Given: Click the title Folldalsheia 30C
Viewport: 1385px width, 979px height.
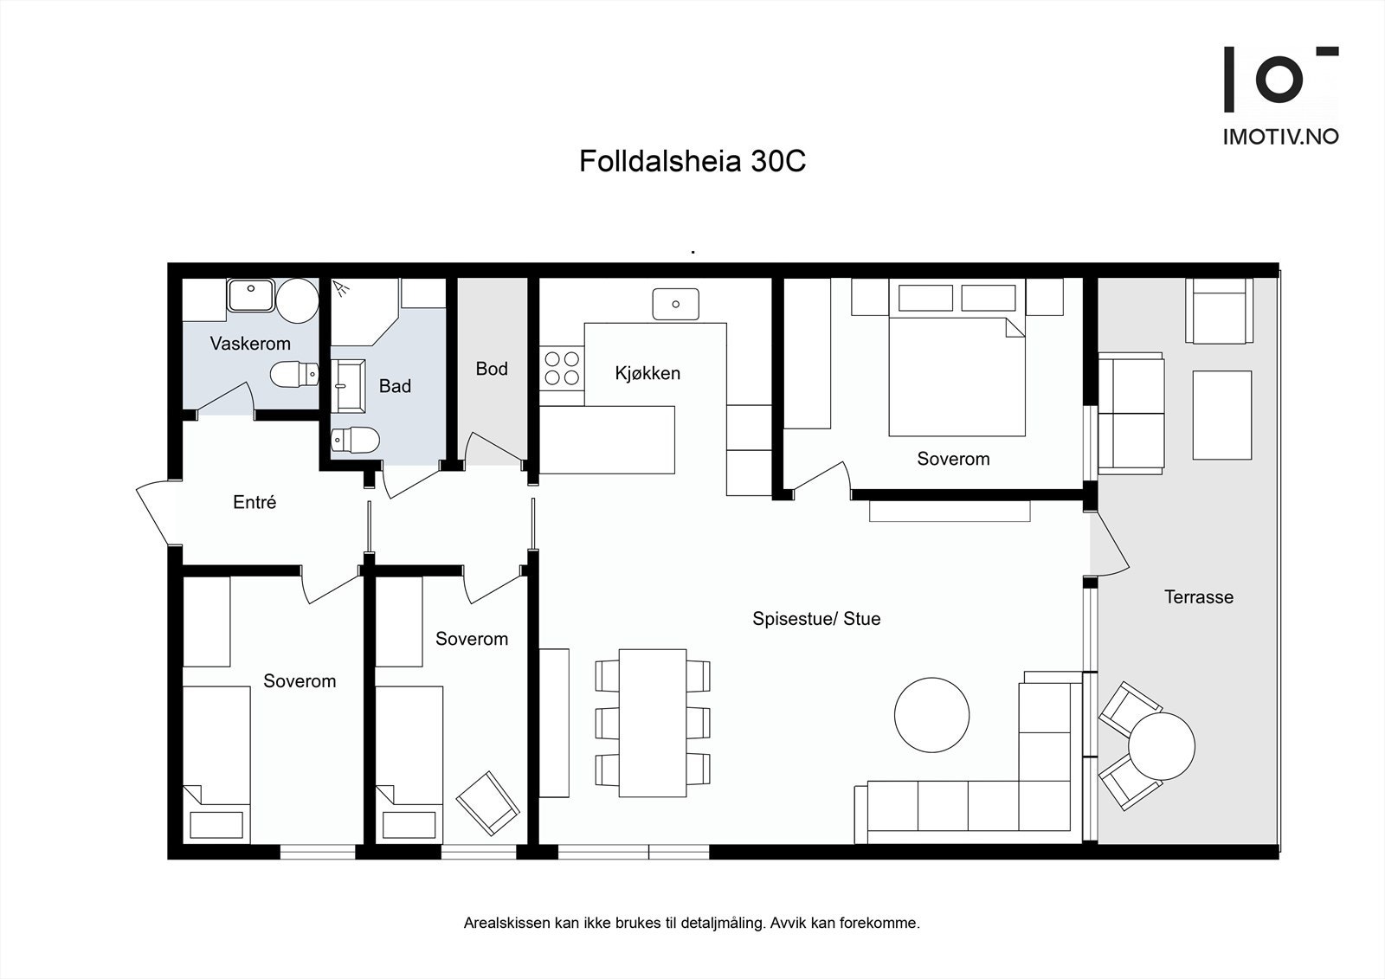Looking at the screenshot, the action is coord(692,161).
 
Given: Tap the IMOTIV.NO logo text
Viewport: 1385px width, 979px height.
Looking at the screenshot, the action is coord(1280,137).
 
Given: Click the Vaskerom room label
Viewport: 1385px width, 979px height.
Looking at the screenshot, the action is coord(250,344).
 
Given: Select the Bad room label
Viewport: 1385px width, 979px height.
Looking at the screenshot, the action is coord(395,386).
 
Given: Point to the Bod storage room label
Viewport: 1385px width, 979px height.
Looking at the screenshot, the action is coord(492,369).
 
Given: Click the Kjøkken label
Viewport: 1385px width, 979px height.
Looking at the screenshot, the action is coord(647,373).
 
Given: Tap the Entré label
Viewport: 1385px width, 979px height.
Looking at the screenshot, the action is coord(254,501).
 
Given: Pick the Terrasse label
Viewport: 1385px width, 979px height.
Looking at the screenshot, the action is coord(1199,596).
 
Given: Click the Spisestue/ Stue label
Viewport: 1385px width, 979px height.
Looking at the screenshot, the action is coord(816,618).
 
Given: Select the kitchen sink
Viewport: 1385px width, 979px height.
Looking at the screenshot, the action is coord(676,305).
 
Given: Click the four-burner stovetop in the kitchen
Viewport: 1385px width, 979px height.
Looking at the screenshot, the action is coord(562,368).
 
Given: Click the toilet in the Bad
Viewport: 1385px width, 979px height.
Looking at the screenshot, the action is coord(355,440).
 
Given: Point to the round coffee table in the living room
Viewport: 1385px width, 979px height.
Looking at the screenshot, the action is coord(931,716).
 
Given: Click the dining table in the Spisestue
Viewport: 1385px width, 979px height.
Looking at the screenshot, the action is coord(653,723).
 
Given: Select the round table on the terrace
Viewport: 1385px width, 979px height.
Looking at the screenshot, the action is coord(1162,746).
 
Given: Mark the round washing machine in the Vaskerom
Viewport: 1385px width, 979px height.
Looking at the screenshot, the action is coord(298,301).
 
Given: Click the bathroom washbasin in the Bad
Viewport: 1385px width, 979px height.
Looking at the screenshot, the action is coord(348,386).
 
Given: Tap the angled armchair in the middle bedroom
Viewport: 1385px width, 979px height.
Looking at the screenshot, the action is coord(488,803).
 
